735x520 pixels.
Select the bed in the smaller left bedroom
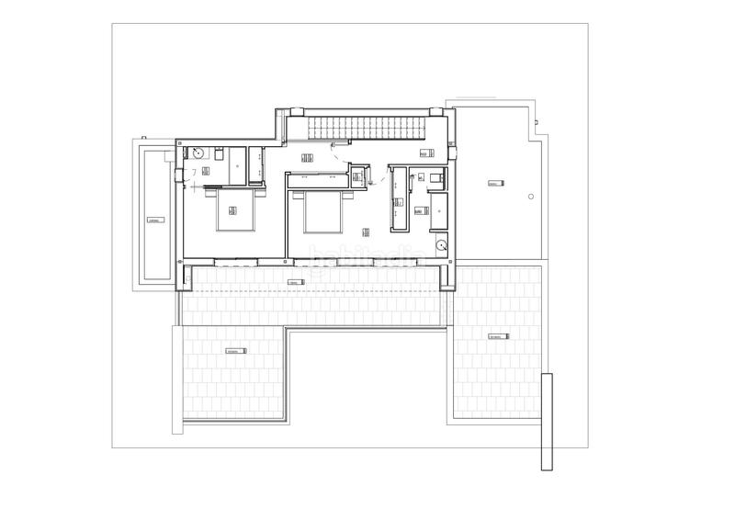[236, 214]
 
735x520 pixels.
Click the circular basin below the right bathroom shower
[442, 245]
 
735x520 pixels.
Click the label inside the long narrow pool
[153, 221]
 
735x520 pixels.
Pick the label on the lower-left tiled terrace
[236, 351]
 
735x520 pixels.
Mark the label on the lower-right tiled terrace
[499, 335]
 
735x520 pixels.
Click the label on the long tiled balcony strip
[294, 281]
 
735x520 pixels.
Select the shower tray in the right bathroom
[439, 209]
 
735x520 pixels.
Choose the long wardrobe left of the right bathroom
[399, 198]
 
